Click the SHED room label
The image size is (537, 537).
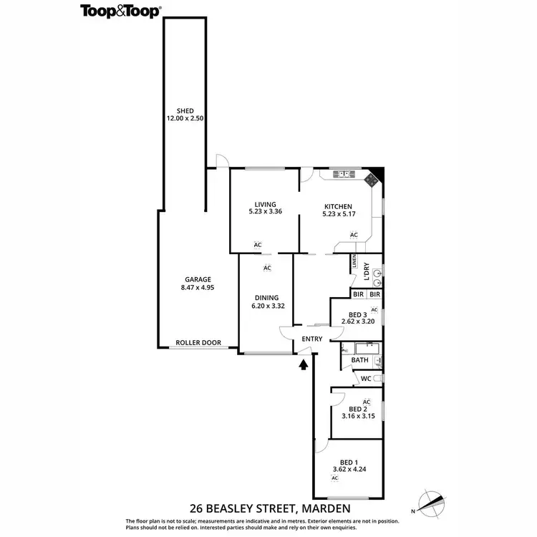[185, 111]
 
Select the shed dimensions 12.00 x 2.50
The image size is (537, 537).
[185, 119]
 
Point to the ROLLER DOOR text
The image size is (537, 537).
[198, 343]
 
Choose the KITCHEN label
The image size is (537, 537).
[337, 206]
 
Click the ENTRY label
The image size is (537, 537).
[313, 339]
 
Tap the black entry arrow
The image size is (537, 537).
[304, 364]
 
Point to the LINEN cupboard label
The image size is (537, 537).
[354, 263]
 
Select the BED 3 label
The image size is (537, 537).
[358, 315]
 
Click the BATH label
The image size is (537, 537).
[359, 360]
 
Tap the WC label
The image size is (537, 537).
[365, 378]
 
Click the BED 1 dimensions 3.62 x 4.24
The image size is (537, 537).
[347, 470]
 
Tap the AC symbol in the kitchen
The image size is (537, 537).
[354, 234]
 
